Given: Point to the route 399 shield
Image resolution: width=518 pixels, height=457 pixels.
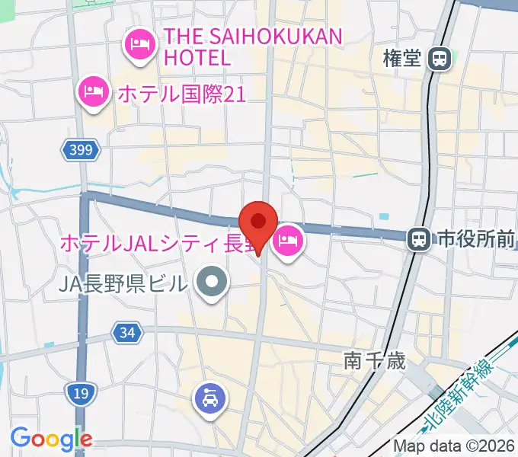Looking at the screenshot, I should tap(81, 151).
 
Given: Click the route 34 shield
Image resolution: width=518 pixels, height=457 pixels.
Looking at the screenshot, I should tap(127, 332).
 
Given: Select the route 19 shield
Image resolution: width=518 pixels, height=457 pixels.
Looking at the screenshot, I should tap(80, 392).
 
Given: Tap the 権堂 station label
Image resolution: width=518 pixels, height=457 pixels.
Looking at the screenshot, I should tap(402, 59).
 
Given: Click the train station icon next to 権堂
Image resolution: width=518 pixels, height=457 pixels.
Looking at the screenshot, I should tap(440, 59).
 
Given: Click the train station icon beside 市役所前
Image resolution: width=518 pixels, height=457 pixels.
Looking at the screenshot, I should tap(418, 240).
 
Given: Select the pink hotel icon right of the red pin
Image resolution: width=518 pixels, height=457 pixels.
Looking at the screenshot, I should tap(288, 242).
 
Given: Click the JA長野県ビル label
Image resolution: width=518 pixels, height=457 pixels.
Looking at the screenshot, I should tap(123, 284).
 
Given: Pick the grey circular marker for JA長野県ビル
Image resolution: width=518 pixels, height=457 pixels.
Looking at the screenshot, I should tap(213, 283).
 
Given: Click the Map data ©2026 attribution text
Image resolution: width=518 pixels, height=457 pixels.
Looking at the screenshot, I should tap(454, 446).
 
